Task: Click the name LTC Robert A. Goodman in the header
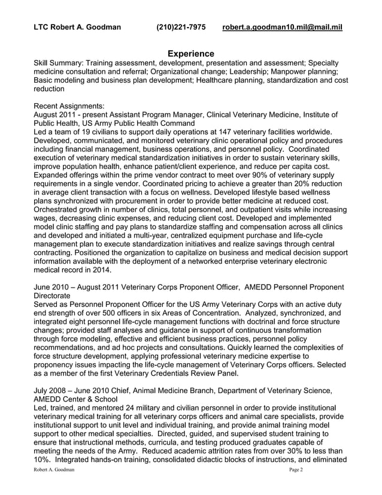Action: (77, 27)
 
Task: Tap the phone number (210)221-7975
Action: (181, 27)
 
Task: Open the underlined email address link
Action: (282, 27)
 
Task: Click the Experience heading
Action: (190, 53)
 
